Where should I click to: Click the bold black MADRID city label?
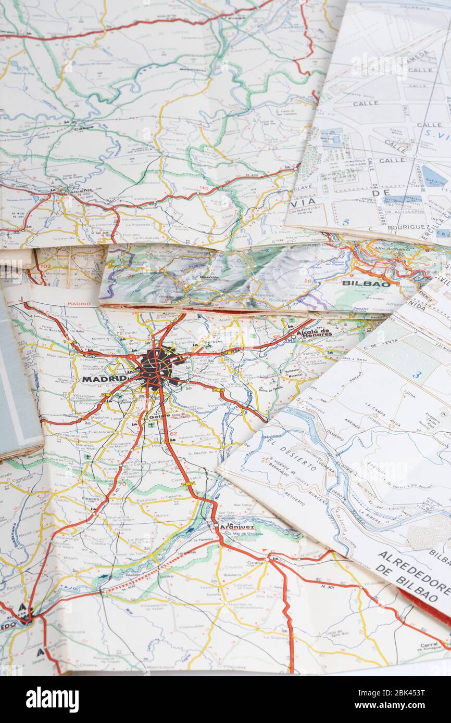[104, 379]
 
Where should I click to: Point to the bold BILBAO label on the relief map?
[366, 284]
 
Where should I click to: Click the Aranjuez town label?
[236, 526]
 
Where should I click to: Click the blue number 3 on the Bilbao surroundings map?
[417, 374]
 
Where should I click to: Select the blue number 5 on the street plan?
[345, 222]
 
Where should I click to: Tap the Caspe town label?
[83, 127]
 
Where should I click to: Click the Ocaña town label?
[254, 563]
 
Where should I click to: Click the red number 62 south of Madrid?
[173, 433]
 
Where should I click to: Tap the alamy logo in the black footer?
[52, 699]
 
